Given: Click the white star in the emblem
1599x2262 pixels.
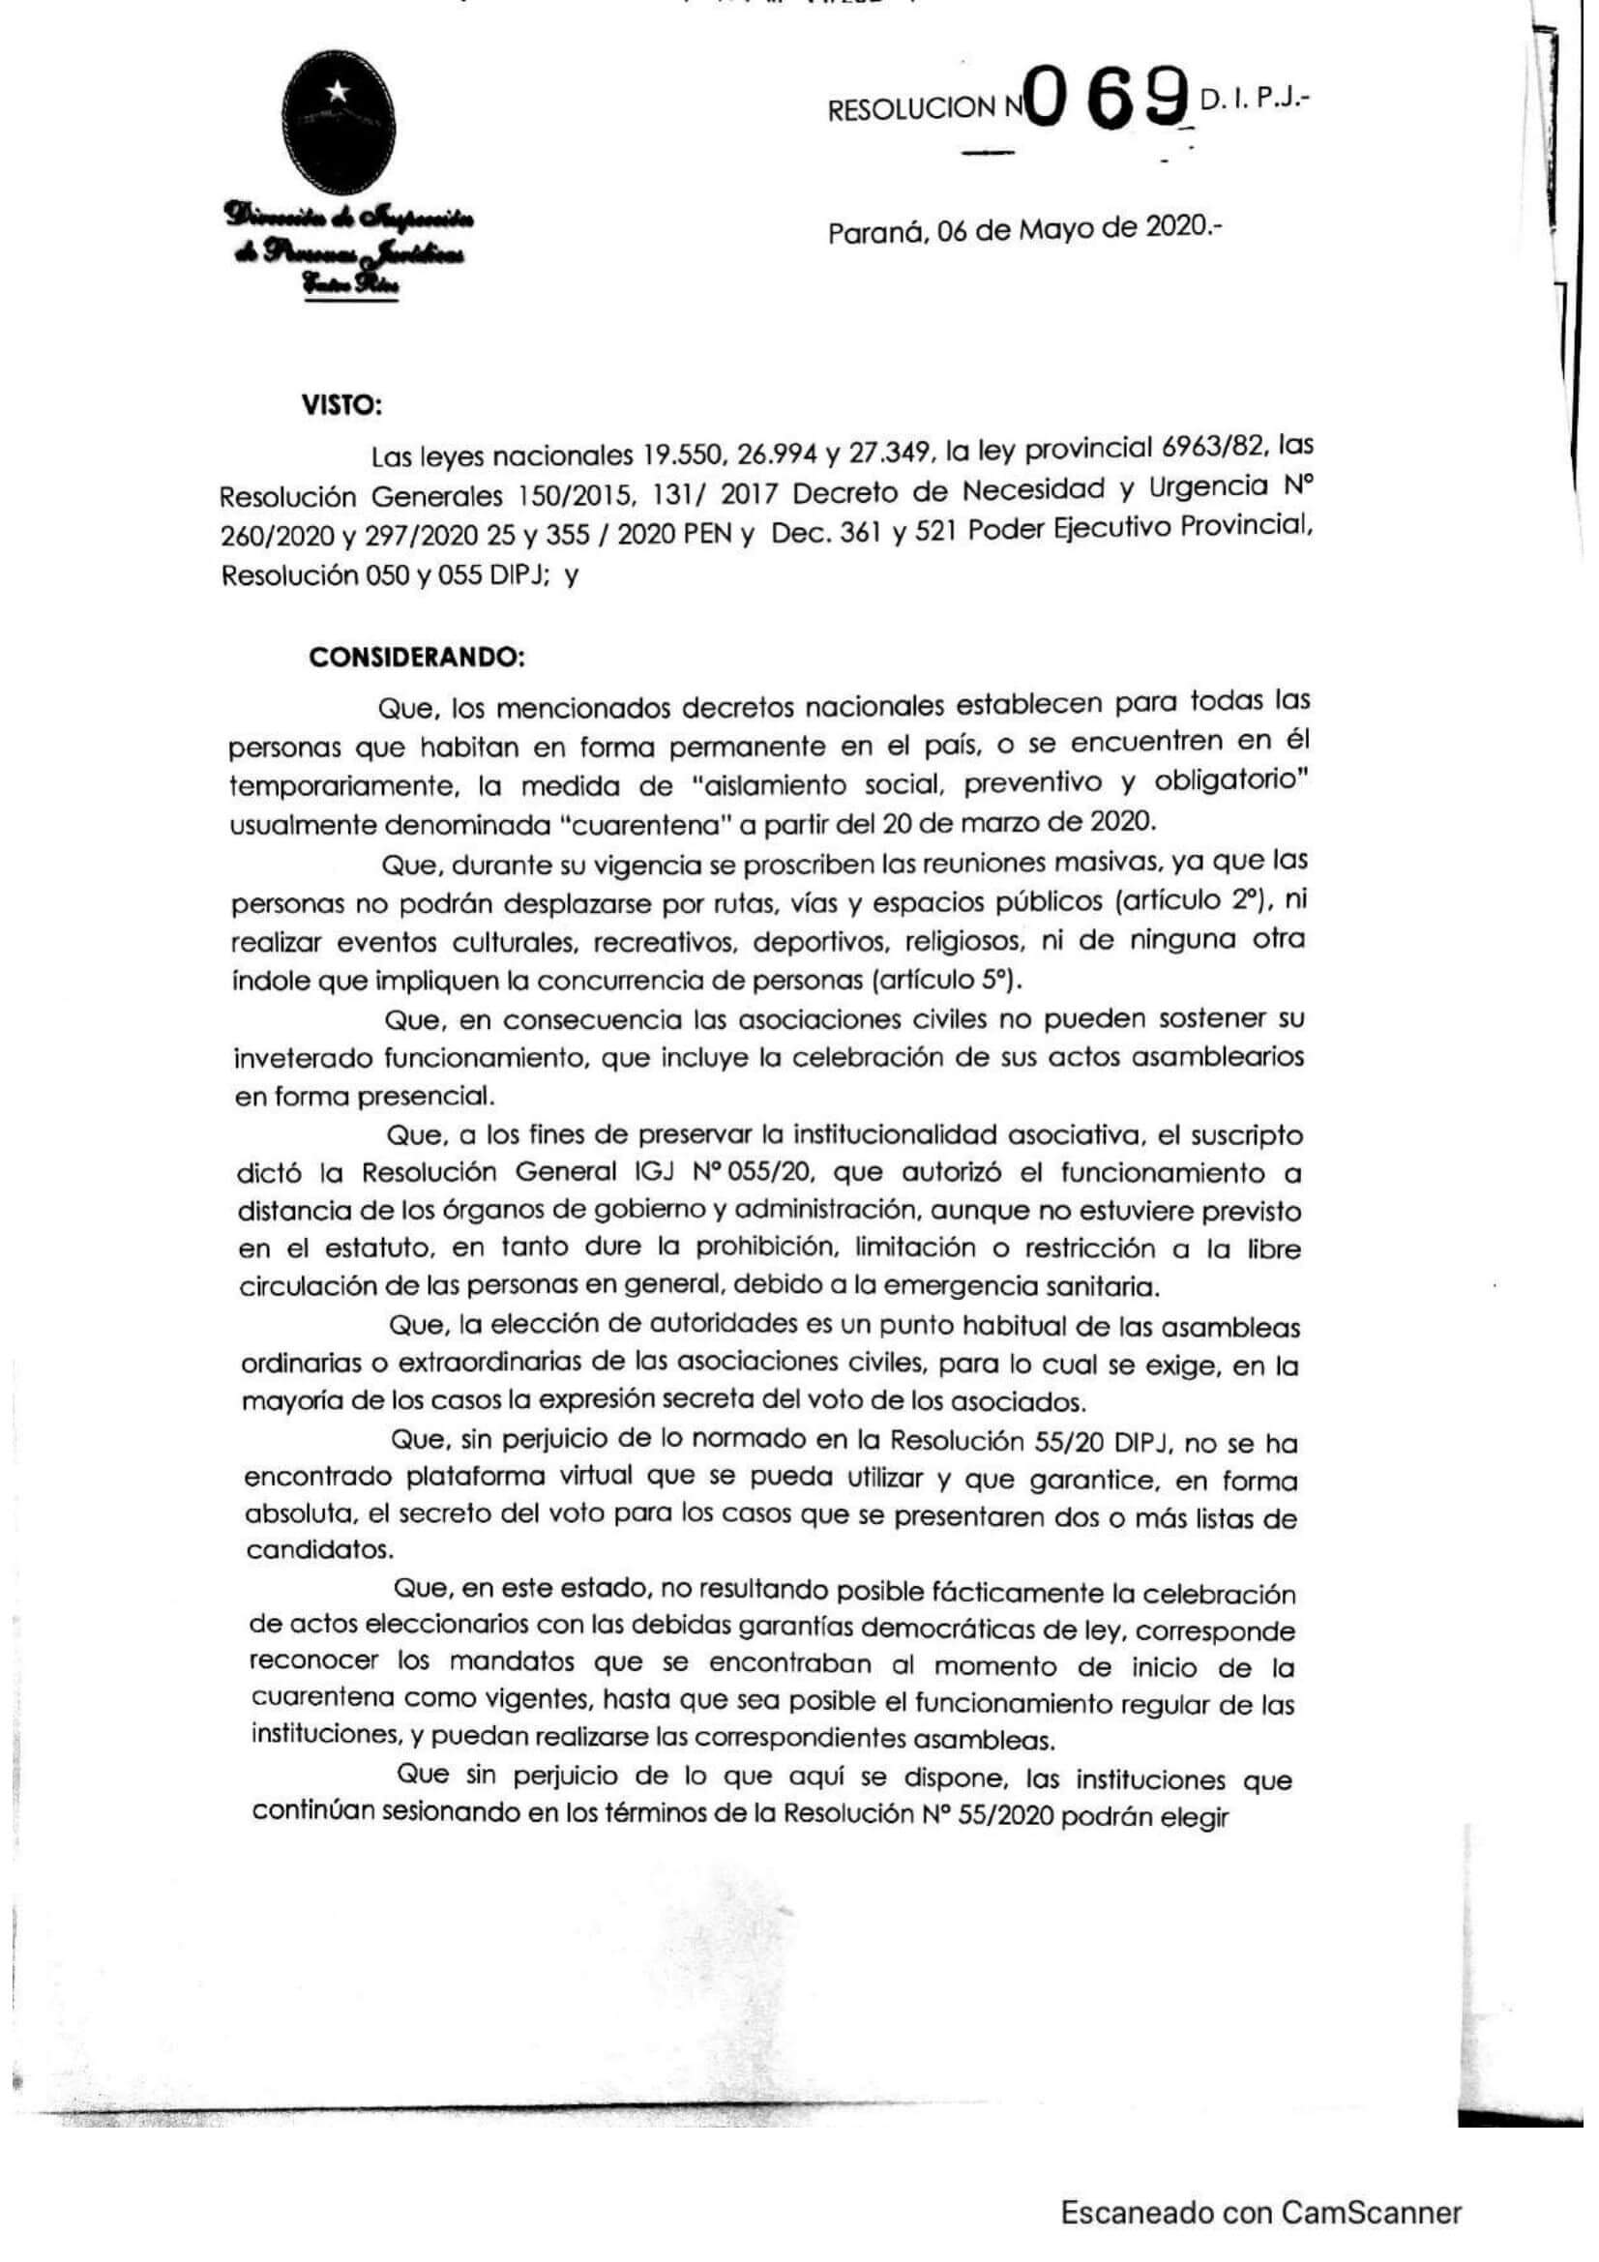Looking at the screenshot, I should pyautogui.click(x=337, y=93).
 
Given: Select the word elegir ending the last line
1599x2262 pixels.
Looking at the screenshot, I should pyautogui.click(x=1197, y=1818).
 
